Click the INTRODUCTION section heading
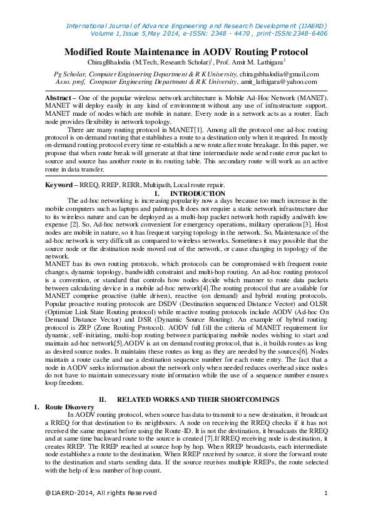pyautogui.click(x=198, y=193)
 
